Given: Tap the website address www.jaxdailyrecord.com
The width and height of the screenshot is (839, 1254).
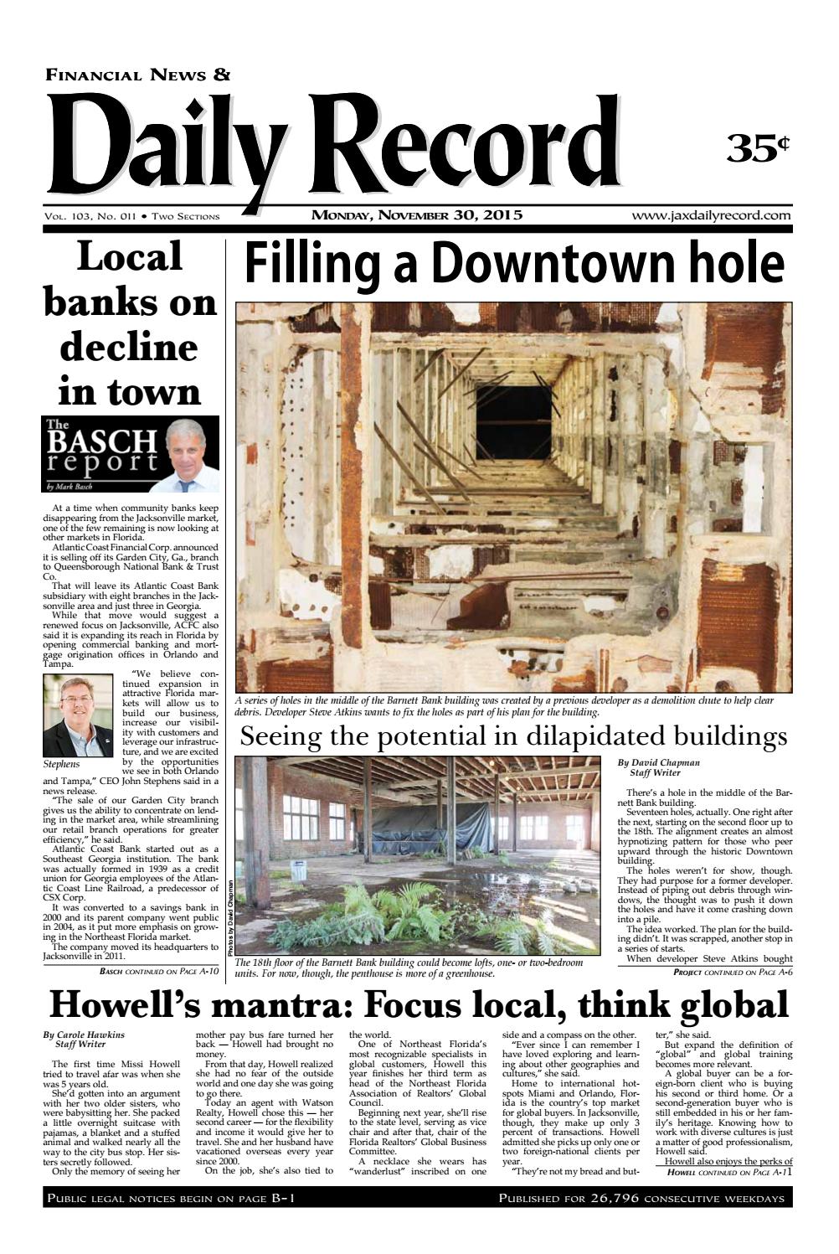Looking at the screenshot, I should [x=712, y=215].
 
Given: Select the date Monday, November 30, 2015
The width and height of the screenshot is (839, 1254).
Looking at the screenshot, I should [x=417, y=215].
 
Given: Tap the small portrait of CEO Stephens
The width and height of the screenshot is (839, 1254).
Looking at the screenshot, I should [x=77, y=716].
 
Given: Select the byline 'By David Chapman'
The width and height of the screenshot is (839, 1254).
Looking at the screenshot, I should [x=658, y=763].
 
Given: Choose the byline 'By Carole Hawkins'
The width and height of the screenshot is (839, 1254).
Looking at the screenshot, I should [x=84, y=1035].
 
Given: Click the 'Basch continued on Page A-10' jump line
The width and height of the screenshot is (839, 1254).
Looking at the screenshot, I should [x=159, y=972].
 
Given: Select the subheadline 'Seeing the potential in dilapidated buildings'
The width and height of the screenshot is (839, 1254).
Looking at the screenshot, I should [x=513, y=736].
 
